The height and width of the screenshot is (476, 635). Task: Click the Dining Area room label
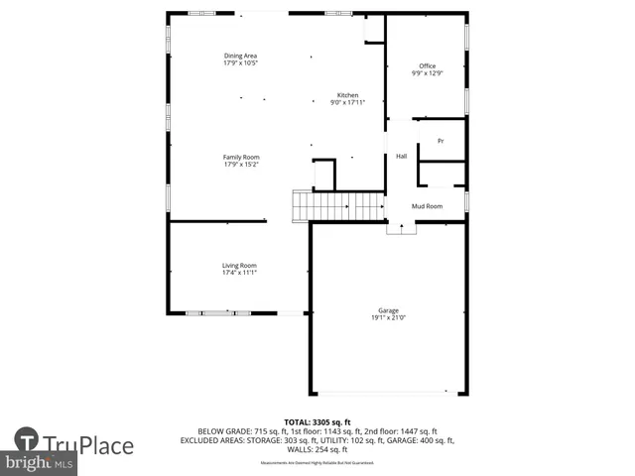coord(240,56)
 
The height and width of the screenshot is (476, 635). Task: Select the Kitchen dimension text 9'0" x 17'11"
coord(347,102)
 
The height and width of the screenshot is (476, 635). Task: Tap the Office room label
coord(427,66)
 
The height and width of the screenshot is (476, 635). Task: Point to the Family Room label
coord(240,157)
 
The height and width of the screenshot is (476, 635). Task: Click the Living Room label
coord(239,265)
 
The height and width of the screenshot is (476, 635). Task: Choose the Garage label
coord(388,310)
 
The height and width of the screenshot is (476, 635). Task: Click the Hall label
coord(402,157)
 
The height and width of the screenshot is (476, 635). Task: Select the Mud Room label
coord(427,206)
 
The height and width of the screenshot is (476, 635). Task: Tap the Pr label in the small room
coord(441,142)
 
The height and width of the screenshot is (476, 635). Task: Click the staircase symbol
coord(338,206)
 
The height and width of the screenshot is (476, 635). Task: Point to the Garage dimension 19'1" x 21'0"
coord(388,318)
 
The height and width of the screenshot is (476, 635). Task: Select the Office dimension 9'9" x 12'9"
coord(427,73)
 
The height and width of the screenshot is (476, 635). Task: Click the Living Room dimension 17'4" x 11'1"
coord(239,273)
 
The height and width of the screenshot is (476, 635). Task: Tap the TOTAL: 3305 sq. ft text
coord(317,422)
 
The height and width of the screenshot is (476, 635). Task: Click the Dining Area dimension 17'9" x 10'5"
coord(240,63)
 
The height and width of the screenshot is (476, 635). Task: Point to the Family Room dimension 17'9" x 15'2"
coord(240,165)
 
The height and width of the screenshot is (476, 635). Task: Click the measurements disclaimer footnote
coord(317,463)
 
